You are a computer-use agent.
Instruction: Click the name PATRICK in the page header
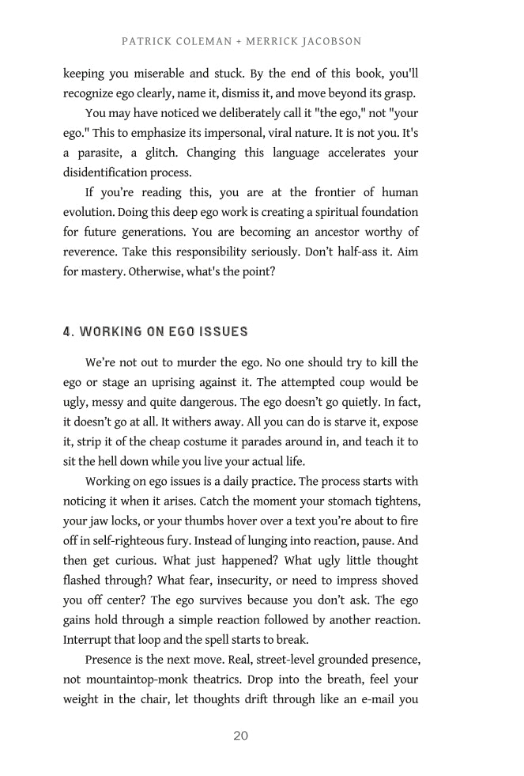pyautogui.click(x=147, y=41)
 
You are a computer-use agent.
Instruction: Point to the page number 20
pyautogui.click(x=241, y=736)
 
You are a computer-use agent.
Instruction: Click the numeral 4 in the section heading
pyautogui.click(x=68, y=331)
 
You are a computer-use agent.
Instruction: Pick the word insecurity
pyautogui.click(x=243, y=581)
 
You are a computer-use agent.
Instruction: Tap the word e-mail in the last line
pyautogui.click(x=370, y=699)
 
